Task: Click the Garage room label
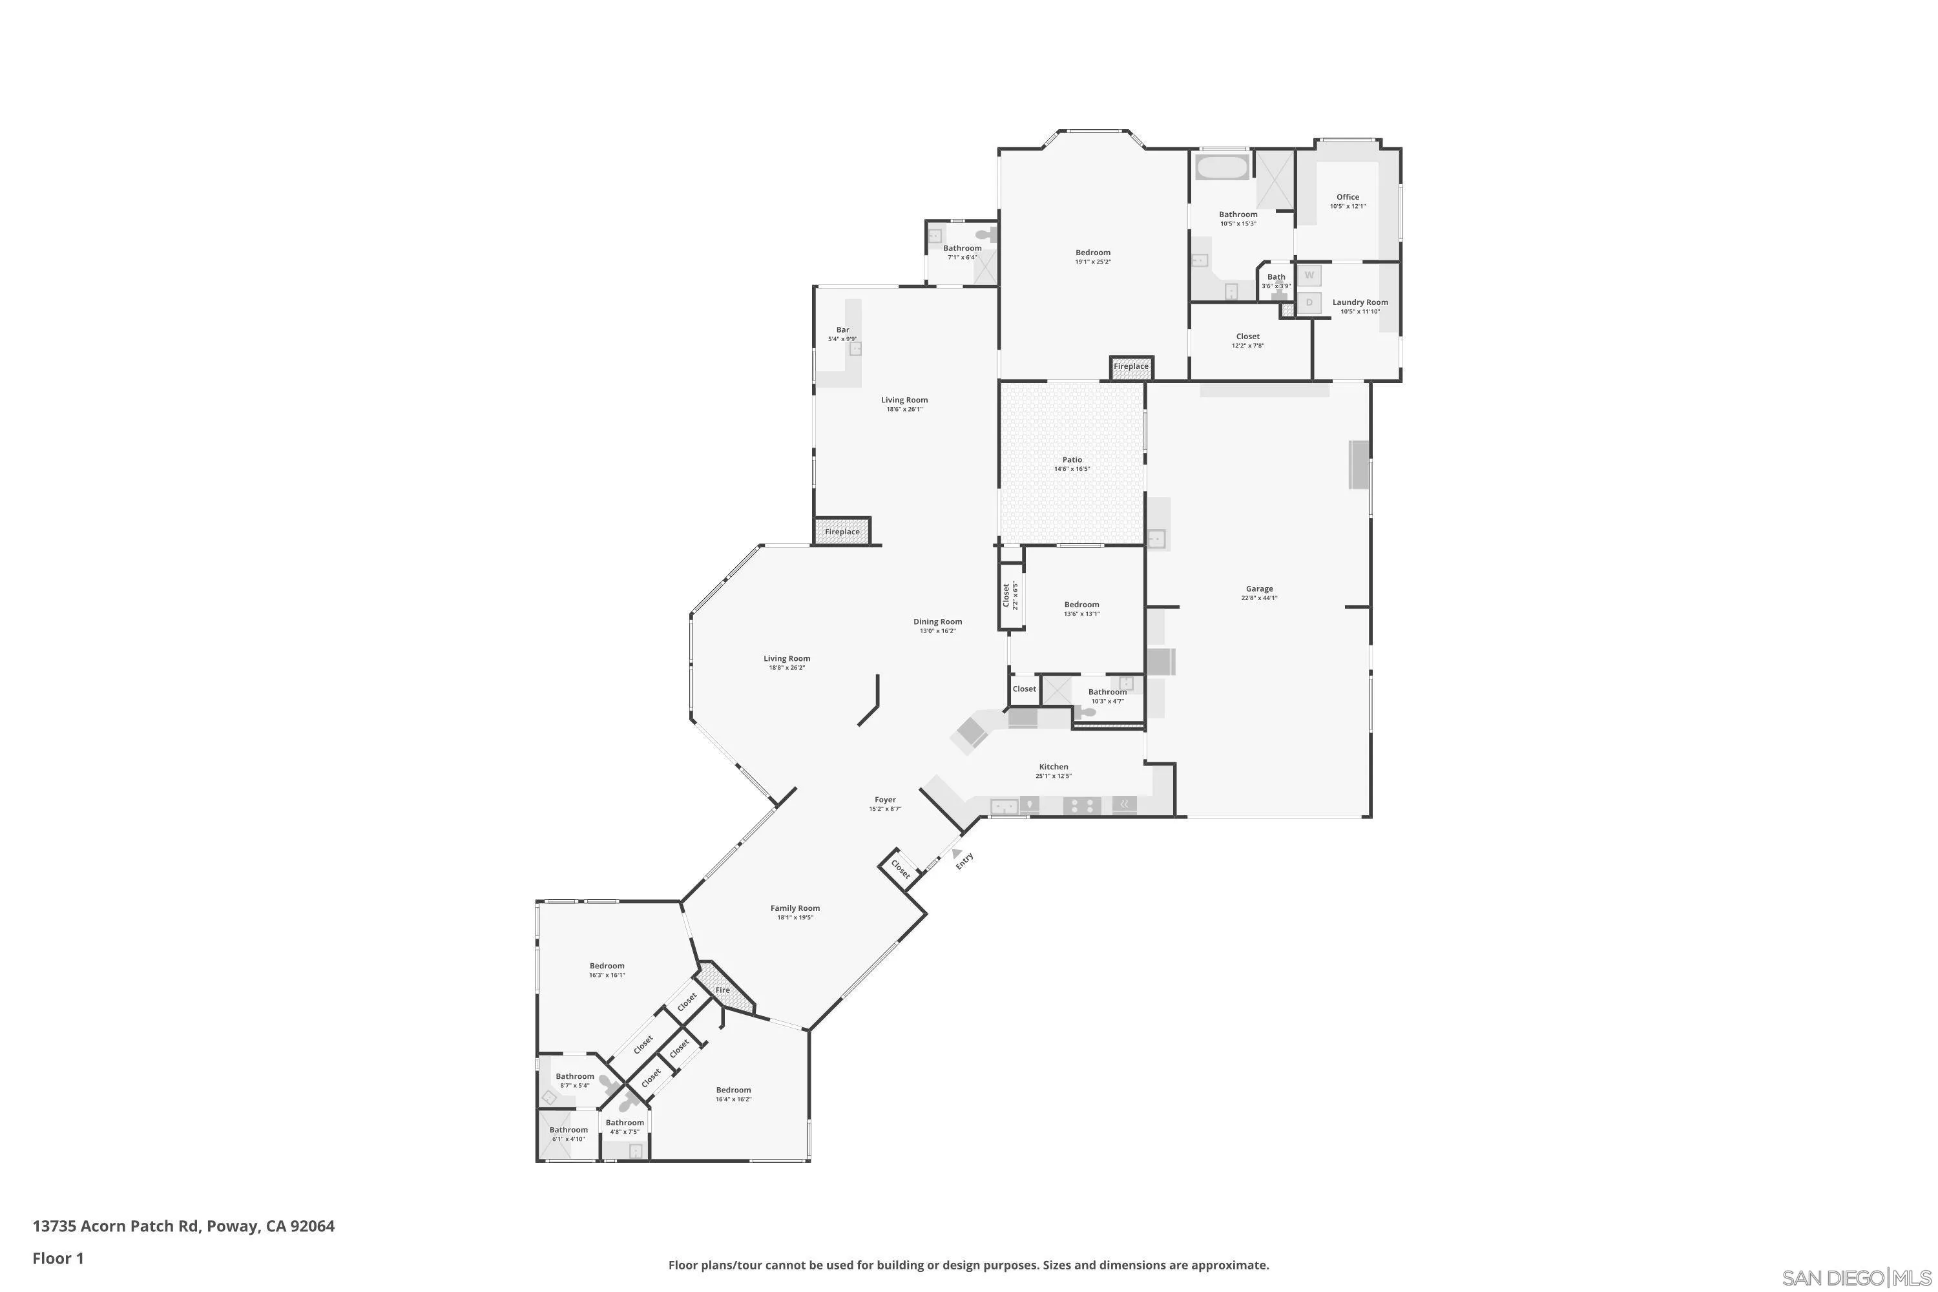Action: pyautogui.click(x=1258, y=589)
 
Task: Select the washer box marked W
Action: pyautogui.click(x=1309, y=275)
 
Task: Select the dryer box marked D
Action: pyautogui.click(x=1309, y=302)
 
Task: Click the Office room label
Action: pyautogui.click(x=1347, y=197)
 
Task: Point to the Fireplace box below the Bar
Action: pyautogui.click(x=841, y=532)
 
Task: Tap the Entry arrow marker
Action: pyautogui.click(x=957, y=853)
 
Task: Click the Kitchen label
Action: pyautogui.click(x=1053, y=766)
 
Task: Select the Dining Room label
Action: pyautogui.click(x=937, y=622)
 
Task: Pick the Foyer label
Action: pyautogui.click(x=885, y=799)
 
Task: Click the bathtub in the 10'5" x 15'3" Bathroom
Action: pyautogui.click(x=1221, y=167)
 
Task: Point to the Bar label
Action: pyautogui.click(x=842, y=329)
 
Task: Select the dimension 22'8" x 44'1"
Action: pyautogui.click(x=1258, y=598)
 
